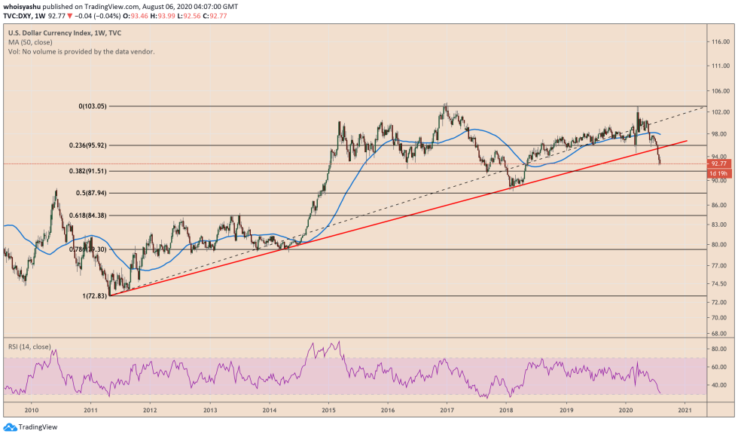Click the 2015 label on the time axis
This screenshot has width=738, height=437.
(x=328, y=411)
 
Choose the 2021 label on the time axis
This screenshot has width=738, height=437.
(x=685, y=411)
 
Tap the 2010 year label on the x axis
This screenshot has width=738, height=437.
(x=32, y=411)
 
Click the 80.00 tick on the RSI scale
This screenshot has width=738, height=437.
(x=719, y=349)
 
